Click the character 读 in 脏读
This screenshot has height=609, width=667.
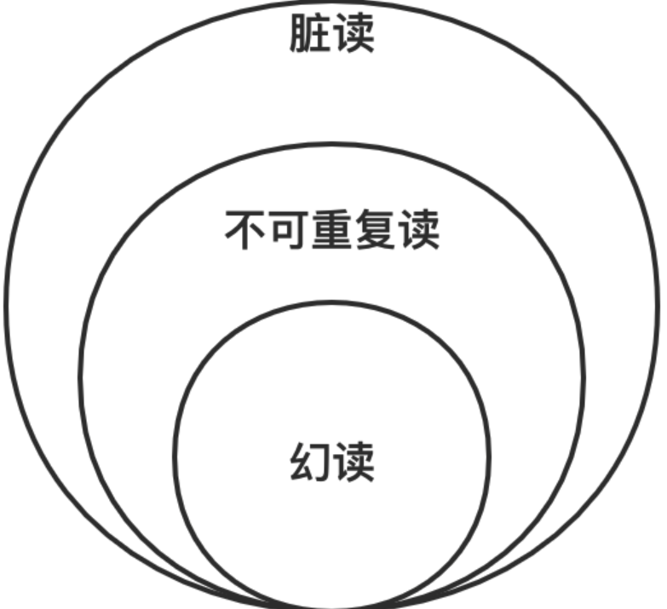click(354, 34)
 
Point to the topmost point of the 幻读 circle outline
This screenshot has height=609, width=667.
click(332, 302)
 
